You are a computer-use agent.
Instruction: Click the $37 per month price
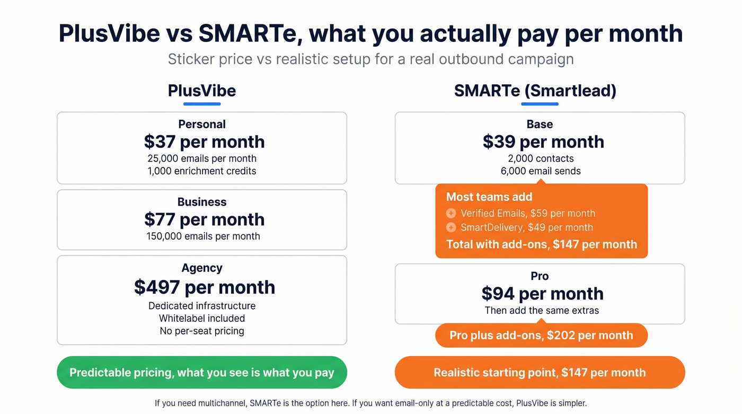tap(204, 142)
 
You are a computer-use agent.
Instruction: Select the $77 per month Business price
tap(204, 219)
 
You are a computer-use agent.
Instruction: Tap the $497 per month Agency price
tap(204, 287)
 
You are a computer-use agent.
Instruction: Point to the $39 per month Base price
tap(543, 142)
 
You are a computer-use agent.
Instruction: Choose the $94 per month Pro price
tap(542, 294)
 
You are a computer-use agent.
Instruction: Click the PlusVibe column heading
tap(202, 91)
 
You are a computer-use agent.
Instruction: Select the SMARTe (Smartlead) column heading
tap(535, 91)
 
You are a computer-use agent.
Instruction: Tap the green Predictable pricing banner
tap(202, 373)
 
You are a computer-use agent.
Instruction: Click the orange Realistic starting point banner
tap(540, 373)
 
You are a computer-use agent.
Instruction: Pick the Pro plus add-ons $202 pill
tap(541, 336)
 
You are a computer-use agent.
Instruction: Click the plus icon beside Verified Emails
tap(451, 214)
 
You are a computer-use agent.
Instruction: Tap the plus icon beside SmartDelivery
tap(451, 227)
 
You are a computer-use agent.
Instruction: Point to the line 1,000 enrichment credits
tap(202, 171)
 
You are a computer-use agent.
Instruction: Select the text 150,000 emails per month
tap(203, 236)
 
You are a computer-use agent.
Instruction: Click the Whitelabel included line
tap(202, 319)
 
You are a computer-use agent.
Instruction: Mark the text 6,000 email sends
tap(541, 171)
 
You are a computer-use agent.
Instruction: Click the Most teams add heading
tap(489, 197)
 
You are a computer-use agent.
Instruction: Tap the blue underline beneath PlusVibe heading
tap(202, 104)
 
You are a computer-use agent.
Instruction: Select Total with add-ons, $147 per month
tap(541, 244)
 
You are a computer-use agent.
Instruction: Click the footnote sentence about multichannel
tap(370, 403)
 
